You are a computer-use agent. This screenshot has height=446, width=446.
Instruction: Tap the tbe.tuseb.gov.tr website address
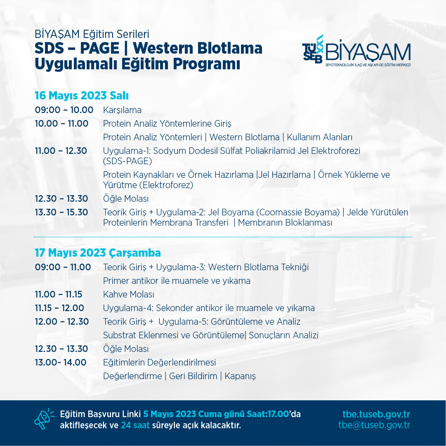[376, 414]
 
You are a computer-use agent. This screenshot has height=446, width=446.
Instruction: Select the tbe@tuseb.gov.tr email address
[374, 425]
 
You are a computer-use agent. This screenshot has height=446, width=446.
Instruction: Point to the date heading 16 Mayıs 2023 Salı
[82, 96]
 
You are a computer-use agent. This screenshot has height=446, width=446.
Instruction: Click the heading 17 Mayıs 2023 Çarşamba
[98, 253]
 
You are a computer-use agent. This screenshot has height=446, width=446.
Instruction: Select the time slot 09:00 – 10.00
[64, 110]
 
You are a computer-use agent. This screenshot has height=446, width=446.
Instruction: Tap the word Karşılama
[122, 110]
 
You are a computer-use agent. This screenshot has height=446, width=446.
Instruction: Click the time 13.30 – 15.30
[61, 212]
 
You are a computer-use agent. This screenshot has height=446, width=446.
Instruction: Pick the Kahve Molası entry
[129, 295]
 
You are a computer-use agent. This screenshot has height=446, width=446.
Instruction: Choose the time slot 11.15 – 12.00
[59, 308]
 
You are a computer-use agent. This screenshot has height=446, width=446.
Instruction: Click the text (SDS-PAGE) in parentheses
[127, 161]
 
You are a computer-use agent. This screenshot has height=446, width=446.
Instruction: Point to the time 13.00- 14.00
[61, 363]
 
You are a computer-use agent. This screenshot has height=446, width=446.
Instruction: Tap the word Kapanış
[240, 376]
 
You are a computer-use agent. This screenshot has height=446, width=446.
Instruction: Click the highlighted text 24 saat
[135, 425]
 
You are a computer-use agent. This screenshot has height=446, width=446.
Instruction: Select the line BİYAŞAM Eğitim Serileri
[92, 34]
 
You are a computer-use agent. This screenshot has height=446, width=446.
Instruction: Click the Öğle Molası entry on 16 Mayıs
[126, 198]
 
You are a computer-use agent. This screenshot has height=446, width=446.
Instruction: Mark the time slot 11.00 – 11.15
[58, 295]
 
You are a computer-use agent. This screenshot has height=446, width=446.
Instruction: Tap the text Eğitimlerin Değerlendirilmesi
[160, 363]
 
